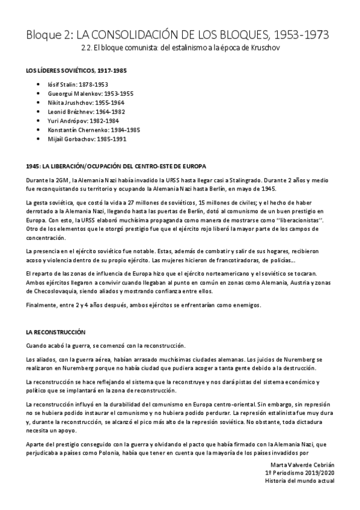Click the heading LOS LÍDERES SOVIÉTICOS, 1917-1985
tap(76, 70)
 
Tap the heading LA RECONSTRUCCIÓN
tap(56, 331)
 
